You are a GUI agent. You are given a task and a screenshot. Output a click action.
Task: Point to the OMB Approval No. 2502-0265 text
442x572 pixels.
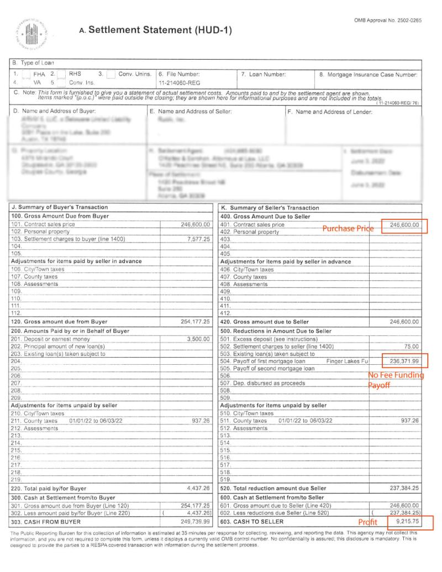[x=388, y=20]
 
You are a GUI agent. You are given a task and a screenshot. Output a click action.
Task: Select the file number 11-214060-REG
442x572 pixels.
[x=175, y=82]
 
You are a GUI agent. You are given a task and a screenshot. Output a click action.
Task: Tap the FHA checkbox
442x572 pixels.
[x=26, y=74]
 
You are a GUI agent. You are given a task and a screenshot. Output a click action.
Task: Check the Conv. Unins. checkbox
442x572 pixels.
[x=111, y=74]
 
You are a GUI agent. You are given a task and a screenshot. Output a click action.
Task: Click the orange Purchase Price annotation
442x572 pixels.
[x=349, y=228]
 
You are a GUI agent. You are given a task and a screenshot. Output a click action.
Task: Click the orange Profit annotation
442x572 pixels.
[x=367, y=522]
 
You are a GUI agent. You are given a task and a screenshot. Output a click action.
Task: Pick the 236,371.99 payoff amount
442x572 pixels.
[x=404, y=361]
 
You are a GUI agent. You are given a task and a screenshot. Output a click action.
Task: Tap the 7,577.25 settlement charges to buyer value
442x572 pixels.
[x=199, y=239]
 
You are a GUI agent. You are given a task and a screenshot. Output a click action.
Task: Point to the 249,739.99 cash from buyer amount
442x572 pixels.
[x=195, y=521]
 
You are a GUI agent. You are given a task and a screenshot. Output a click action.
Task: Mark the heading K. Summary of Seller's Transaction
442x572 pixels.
[x=270, y=208]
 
